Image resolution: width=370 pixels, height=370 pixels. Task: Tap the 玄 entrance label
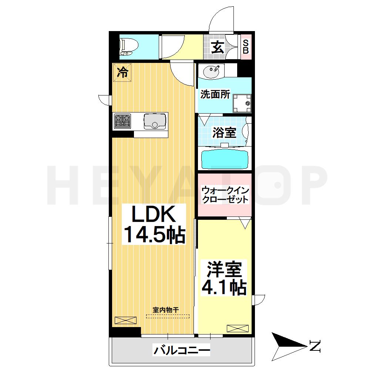tap(218, 47)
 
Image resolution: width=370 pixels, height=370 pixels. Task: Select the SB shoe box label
tap(246, 47)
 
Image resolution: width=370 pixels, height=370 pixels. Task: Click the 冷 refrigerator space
tap(122, 72)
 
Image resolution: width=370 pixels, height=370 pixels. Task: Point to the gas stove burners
tap(122, 121)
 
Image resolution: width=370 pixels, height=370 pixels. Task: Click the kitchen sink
tap(155, 121)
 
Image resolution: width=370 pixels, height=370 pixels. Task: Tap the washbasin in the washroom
tap(211, 71)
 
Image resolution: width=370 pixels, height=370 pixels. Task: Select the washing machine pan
tap(242, 103)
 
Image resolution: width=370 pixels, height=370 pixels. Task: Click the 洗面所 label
tap(215, 94)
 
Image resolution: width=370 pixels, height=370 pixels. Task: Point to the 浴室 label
tap(224, 132)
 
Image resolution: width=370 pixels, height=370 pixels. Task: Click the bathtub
tap(225, 160)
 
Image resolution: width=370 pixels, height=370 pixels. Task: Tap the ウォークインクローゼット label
tap(225, 195)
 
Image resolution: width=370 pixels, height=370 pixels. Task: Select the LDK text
tap(154, 214)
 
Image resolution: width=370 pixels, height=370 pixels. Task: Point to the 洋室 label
tap(224, 269)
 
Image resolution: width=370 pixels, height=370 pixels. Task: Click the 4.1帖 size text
tap(224, 287)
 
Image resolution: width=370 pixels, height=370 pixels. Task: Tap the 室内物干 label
tap(166, 310)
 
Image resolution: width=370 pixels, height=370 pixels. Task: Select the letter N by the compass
tap(315, 346)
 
